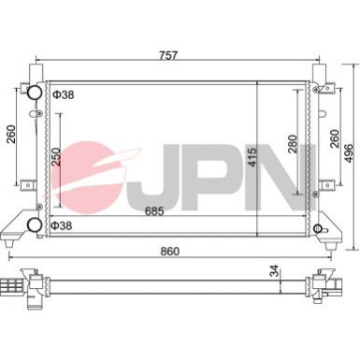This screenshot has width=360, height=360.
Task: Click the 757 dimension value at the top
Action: (x=168, y=55)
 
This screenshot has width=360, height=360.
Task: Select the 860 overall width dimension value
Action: (x=170, y=251)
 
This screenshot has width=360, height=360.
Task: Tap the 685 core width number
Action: (x=154, y=211)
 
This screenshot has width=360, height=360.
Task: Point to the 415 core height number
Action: (x=252, y=156)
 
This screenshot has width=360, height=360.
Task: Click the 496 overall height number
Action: (x=349, y=152)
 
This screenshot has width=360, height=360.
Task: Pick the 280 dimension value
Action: (x=293, y=144)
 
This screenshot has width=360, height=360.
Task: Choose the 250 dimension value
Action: (x=56, y=156)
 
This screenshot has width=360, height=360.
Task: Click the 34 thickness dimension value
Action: (x=274, y=270)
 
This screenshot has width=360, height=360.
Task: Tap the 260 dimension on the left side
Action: (x=11, y=134)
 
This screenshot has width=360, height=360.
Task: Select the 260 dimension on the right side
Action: (x=334, y=138)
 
